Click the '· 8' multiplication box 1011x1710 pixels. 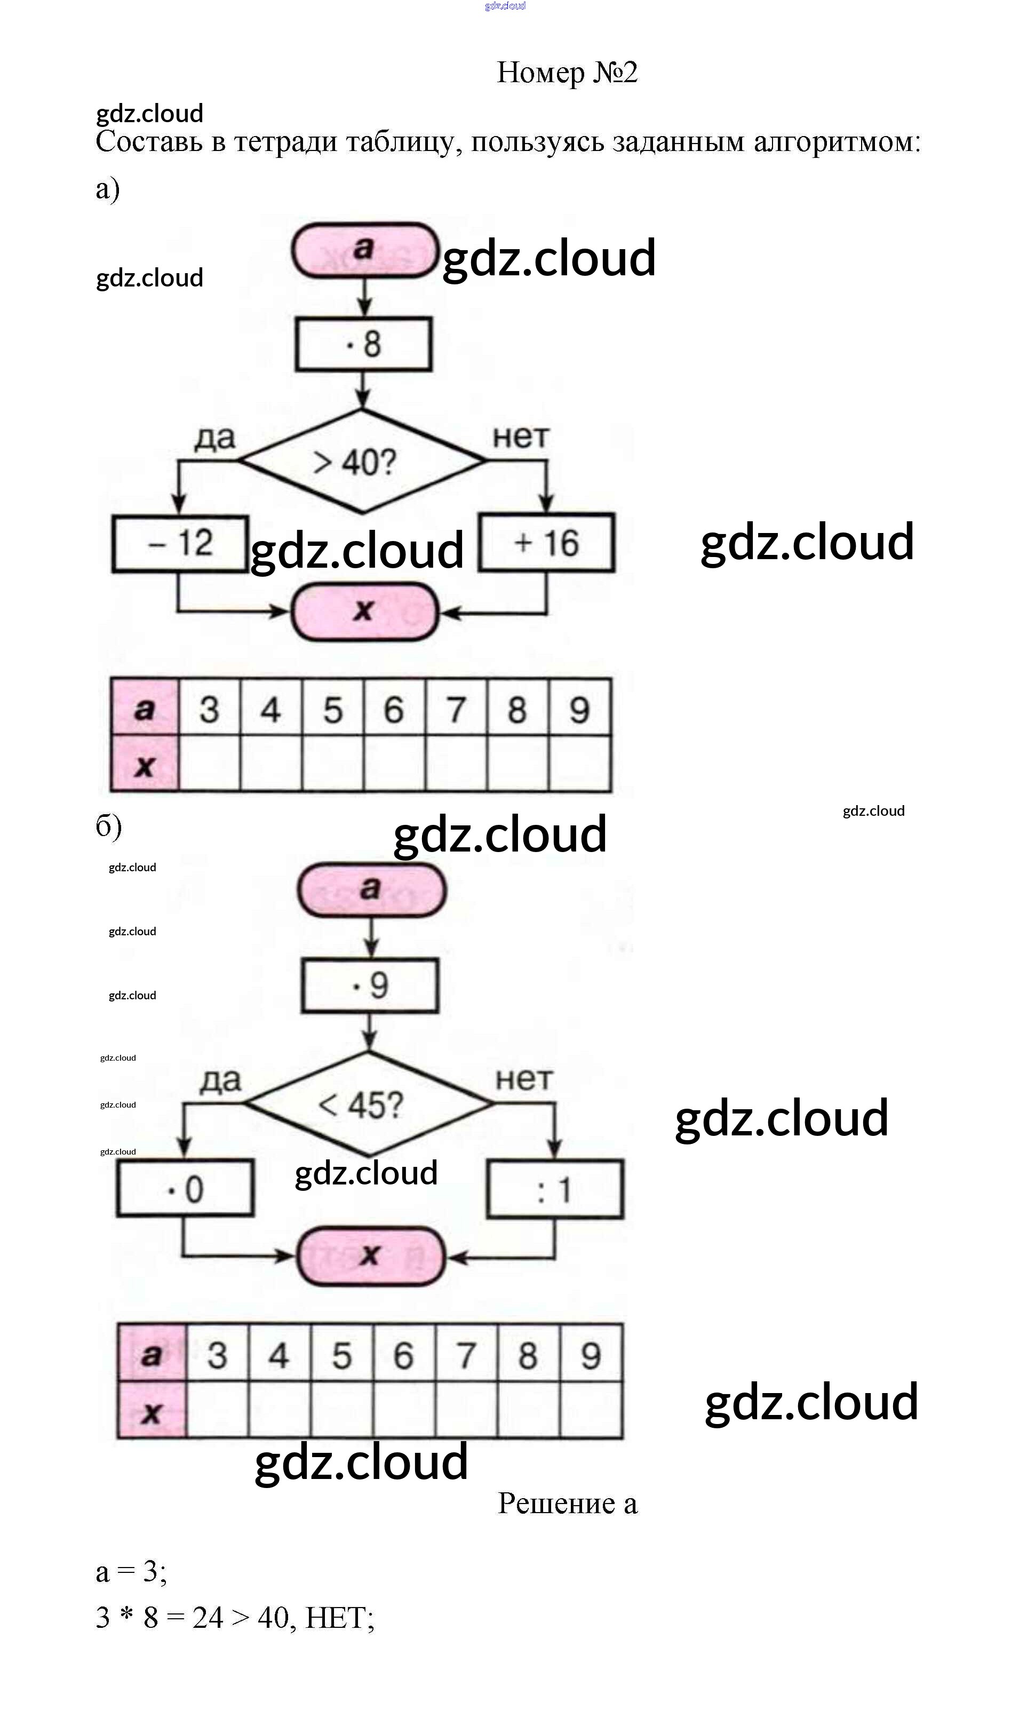tap(363, 344)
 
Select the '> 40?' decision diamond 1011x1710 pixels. tap(362, 461)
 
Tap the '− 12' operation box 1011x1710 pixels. tap(180, 544)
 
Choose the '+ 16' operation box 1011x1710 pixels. tap(546, 543)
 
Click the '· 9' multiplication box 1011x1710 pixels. tap(370, 985)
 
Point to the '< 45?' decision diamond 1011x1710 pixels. tap(368, 1104)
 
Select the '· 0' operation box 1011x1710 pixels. tap(185, 1189)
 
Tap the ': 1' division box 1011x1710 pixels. tap(554, 1189)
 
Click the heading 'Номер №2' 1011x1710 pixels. tap(567, 72)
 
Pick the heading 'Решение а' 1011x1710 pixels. tap(567, 1503)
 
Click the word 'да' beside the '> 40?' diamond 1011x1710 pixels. tap(214, 438)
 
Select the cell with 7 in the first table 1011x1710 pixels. tap(456, 709)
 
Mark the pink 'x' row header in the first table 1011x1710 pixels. tap(145, 765)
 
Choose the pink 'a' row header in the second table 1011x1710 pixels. tap(151, 1354)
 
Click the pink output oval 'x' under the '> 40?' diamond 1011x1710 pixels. tap(364, 611)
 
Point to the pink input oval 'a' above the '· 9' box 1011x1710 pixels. tap(371, 889)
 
